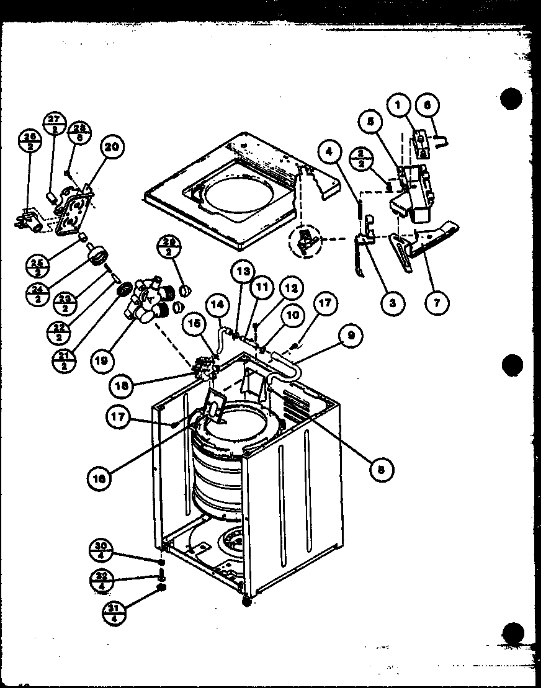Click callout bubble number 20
(112, 147)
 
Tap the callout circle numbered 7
(438, 303)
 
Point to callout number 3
(392, 303)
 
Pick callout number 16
(101, 478)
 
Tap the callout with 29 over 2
(168, 246)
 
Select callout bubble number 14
(216, 305)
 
